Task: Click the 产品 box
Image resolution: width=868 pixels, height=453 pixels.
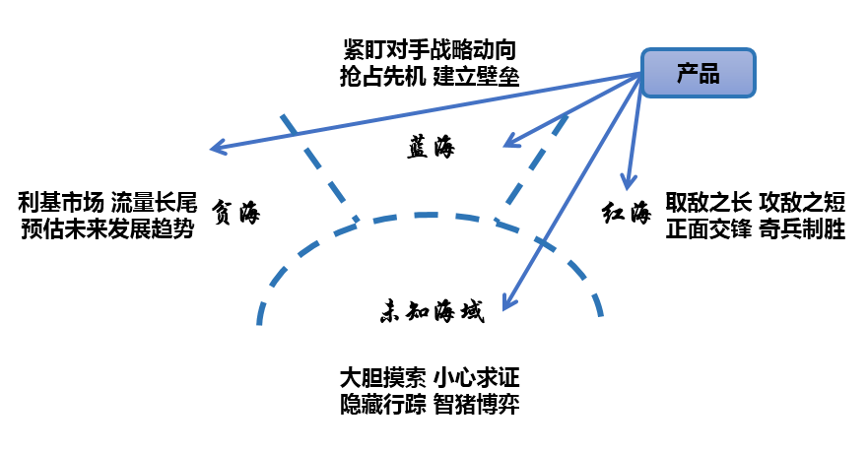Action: pos(699,73)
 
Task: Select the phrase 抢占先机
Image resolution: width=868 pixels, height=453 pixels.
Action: pos(379,75)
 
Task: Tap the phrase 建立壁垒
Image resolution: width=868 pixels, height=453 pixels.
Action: pos(477,75)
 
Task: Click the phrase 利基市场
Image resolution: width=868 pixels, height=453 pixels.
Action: pos(60,204)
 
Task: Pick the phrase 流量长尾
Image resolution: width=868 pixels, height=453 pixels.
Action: pos(154,204)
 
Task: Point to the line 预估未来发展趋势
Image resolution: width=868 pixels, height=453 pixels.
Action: pos(106,229)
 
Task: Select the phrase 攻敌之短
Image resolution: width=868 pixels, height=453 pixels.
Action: pos(802,204)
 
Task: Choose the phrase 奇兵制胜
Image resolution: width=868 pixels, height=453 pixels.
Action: pos(802,229)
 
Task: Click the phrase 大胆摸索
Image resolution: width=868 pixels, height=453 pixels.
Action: pos(381,378)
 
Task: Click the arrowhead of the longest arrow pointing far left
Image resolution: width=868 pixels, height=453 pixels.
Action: pos(217,150)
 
